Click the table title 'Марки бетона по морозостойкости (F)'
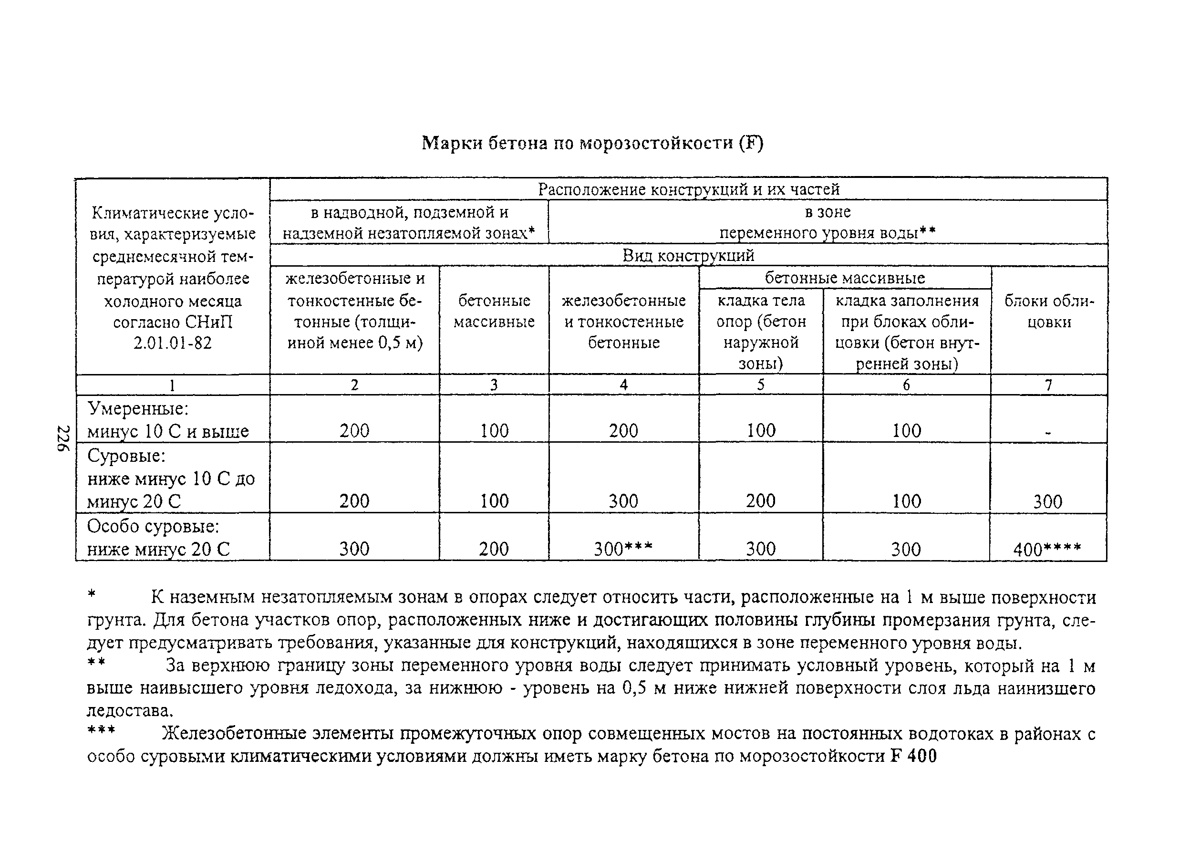(x=592, y=143)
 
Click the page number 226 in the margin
(x=63, y=438)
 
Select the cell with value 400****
(x=1047, y=550)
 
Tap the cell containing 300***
(x=623, y=549)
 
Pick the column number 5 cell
(x=760, y=385)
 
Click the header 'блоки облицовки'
(x=1049, y=312)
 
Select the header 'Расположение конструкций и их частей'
(x=688, y=189)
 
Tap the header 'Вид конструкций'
(x=688, y=256)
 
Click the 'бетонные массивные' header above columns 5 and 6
(x=845, y=278)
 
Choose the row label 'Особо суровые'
(x=153, y=526)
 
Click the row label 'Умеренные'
(x=137, y=408)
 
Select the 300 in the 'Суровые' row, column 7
(x=1047, y=502)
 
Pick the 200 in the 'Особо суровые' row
(x=493, y=549)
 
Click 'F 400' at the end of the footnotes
(x=913, y=757)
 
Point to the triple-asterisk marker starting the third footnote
(x=101, y=731)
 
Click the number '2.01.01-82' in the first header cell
(x=172, y=343)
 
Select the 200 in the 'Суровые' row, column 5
(x=760, y=501)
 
